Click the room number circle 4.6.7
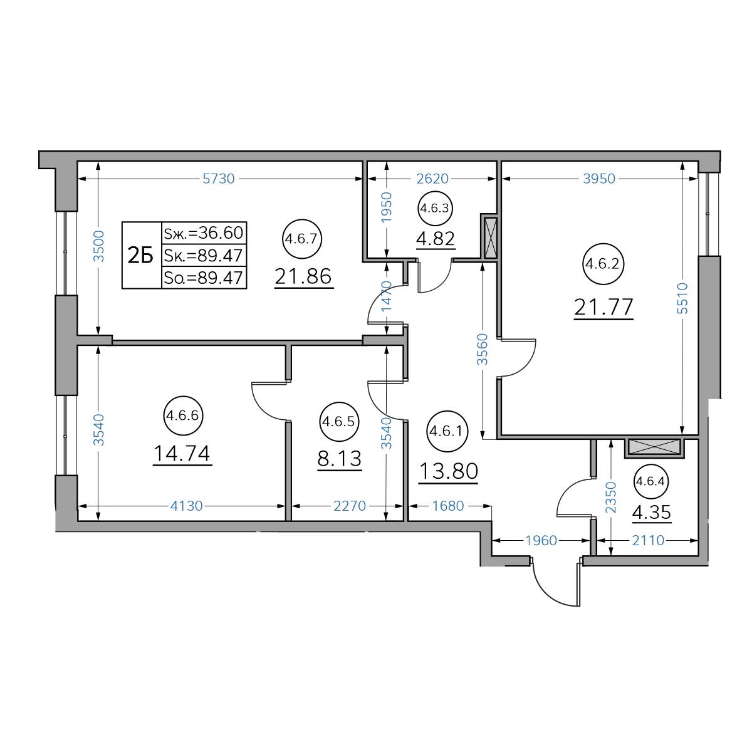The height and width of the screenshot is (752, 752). pos(302,239)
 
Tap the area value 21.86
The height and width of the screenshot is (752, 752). pos(303,276)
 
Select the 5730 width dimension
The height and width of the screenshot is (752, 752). pos(219,179)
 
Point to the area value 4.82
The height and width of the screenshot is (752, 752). pos(436,238)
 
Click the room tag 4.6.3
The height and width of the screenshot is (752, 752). pos(435,208)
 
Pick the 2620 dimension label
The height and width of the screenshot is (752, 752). pos(432,179)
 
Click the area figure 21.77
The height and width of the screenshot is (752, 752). pos(603,307)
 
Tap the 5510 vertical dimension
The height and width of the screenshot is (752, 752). pos(682,298)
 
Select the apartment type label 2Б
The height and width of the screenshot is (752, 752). pos(140,256)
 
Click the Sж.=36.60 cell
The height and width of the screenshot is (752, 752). pos(204,233)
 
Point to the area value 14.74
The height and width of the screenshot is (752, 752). pos(182,454)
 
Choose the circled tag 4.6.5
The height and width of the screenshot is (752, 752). pos(339,422)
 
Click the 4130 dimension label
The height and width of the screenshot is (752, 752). pos(187,506)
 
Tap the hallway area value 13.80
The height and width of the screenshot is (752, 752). pos(449,471)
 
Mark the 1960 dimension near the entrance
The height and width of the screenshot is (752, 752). pos(541,540)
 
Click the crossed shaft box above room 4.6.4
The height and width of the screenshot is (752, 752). pos(654,447)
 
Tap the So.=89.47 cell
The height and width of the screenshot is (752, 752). pos(204,278)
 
